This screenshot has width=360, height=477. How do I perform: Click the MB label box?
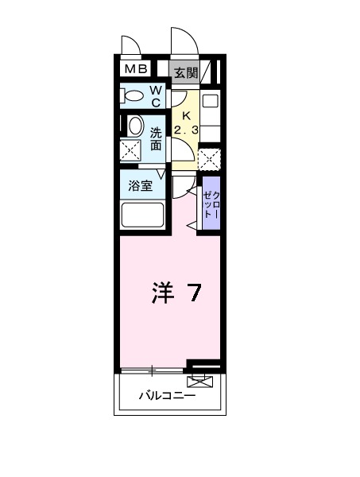pyautogui.click(x=134, y=69)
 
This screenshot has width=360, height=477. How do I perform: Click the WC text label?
pyautogui.click(x=156, y=97)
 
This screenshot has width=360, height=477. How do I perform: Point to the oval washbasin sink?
pyautogui.click(x=134, y=126)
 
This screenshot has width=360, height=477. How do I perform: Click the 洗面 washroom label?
pyautogui.click(x=156, y=138)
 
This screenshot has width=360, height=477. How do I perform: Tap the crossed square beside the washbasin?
pyautogui.click(x=132, y=149)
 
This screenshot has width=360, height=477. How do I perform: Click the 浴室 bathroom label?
pyautogui.click(x=141, y=188)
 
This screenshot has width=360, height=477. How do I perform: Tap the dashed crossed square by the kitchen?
pyautogui.click(x=209, y=157)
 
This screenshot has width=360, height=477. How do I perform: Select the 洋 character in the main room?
pyautogui.click(x=161, y=293)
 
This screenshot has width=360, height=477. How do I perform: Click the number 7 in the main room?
pyautogui.click(x=193, y=293)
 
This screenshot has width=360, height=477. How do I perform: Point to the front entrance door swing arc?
pyautogui.click(x=181, y=41)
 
